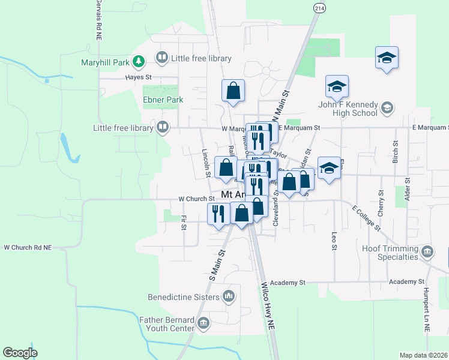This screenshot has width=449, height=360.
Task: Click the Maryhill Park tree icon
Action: [x=139, y=61]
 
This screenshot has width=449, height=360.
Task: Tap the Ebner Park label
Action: [x=163, y=100]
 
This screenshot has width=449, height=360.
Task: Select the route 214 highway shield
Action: [x=318, y=8]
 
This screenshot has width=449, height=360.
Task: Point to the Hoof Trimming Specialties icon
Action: [x=427, y=250]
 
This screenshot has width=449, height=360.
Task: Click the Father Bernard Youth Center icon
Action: [x=203, y=324]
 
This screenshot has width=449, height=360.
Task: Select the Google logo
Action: [x=20, y=353]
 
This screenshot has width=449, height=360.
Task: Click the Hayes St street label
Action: [x=139, y=77]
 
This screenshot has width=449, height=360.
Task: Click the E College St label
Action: [x=366, y=217]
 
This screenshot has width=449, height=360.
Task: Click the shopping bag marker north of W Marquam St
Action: [x=233, y=91]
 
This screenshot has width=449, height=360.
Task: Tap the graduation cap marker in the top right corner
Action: [x=387, y=58]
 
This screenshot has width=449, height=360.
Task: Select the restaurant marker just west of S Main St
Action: [x=218, y=213]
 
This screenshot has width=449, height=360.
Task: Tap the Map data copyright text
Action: [x=423, y=355]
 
